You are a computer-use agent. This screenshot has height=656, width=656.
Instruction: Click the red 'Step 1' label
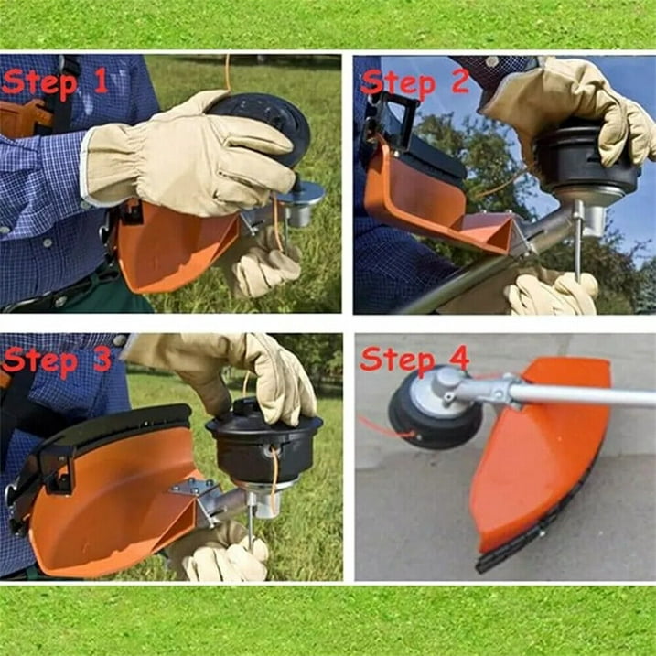[55, 82]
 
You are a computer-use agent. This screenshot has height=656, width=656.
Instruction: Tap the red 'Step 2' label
[414, 82]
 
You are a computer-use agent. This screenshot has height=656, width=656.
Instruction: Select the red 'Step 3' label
[56, 360]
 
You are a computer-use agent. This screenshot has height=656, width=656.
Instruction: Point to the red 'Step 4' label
[414, 360]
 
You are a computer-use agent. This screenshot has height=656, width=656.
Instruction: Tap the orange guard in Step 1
[176, 247]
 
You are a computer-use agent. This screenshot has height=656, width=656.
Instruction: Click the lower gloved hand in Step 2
[553, 293]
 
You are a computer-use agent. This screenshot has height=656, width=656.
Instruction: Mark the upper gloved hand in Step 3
[234, 372]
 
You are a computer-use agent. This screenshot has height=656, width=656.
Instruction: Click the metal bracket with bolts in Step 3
[196, 488]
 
